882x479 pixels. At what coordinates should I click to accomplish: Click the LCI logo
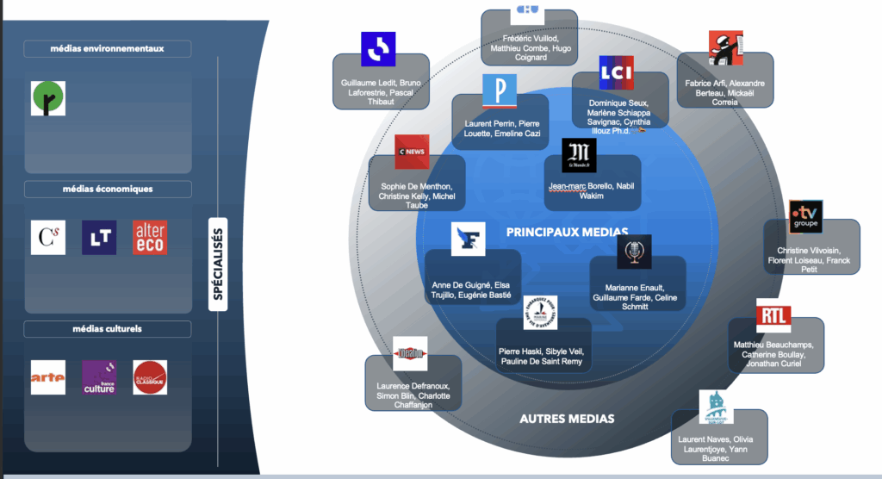pyautogui.click(x=616, y=73)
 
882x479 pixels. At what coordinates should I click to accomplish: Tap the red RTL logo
pyautogui.click(x=773, y=315)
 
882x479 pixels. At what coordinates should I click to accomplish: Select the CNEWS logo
pyautogui.click(x=412, y=152)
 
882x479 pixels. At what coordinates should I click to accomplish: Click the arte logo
pyautogui.click(x=47, y=377)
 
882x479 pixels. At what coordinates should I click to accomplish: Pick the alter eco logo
pyautogui.click(x=150, y=238)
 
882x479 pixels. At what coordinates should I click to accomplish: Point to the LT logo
pyautogui.click(x=99, y=238)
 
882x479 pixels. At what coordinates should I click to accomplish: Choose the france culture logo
pyautogui.click(x=99, y=377)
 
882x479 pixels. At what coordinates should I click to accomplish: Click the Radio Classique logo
pyautogui.click(x=150, y=377)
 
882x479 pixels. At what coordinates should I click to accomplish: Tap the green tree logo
pyautogui.click(x=48, y=98)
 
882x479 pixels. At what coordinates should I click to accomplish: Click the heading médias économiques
pyautogui.click(x=108, y=189)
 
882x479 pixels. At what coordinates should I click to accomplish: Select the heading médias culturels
pyautogui.click(x=108, y=329)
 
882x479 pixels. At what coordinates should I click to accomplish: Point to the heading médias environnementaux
pyautogui.click(x=108, y=49)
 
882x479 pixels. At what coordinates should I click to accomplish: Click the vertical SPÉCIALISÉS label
pyautogui.click(x=218, y=263)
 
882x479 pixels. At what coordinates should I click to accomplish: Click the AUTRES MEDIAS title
pyautogui.click(x=567, y=419)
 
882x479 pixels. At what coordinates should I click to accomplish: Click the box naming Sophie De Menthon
pyautogui.click(x=417, y=190)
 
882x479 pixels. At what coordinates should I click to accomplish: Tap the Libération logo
pyautogui.click(x=410, y=352)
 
